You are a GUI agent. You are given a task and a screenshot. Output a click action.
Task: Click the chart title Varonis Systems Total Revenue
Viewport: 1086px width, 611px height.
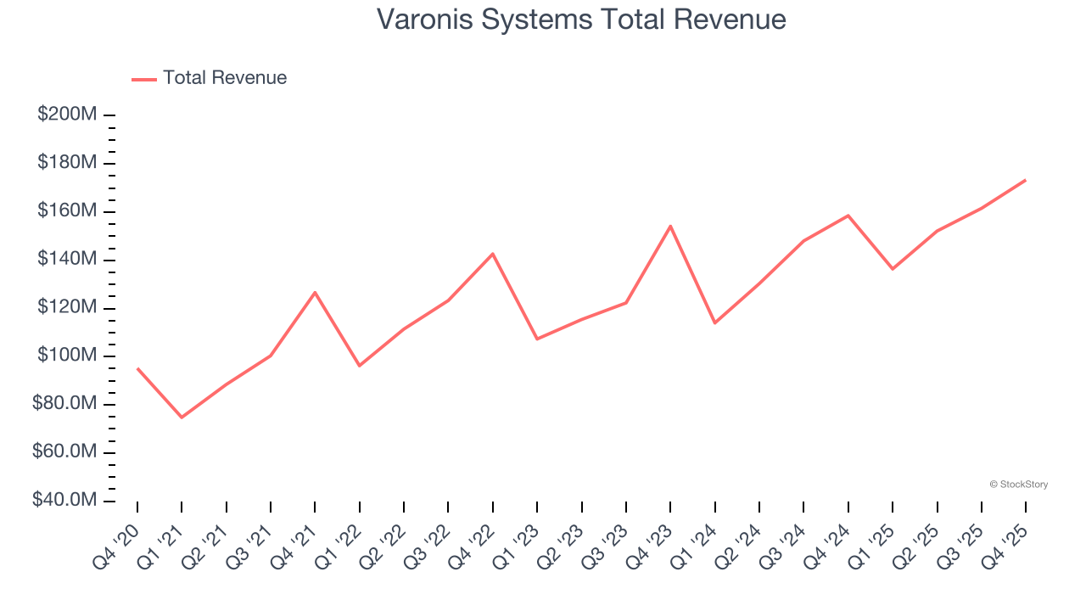coord(581,20)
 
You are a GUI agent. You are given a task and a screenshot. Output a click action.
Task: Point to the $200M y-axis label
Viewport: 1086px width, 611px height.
coord(67,115)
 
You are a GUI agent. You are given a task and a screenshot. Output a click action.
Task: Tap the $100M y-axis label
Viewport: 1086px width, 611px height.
coord(67,356)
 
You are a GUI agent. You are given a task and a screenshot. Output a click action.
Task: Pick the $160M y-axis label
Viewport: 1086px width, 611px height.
coord(67,210)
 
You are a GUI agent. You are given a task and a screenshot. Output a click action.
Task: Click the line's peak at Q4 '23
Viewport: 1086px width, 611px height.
coord(670,226)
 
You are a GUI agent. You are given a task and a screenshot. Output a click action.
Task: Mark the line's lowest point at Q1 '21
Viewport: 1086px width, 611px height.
coord(182,418)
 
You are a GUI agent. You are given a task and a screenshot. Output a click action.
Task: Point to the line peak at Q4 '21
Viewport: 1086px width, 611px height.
coord(315,293)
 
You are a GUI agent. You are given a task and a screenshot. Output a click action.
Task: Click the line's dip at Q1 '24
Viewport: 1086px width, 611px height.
coord(714,322)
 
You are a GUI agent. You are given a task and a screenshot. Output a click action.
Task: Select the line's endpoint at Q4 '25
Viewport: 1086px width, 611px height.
coord(1025,180)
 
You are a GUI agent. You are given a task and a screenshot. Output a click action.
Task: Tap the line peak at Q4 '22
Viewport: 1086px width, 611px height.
coord(493,254)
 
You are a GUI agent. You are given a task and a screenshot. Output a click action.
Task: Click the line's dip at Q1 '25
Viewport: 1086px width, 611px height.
coord(893,269)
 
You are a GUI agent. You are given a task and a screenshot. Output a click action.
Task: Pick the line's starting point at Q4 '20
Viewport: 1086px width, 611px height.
coord(137,369)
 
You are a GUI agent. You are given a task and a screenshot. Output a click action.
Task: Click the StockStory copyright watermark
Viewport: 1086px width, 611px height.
coord(1018,485)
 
